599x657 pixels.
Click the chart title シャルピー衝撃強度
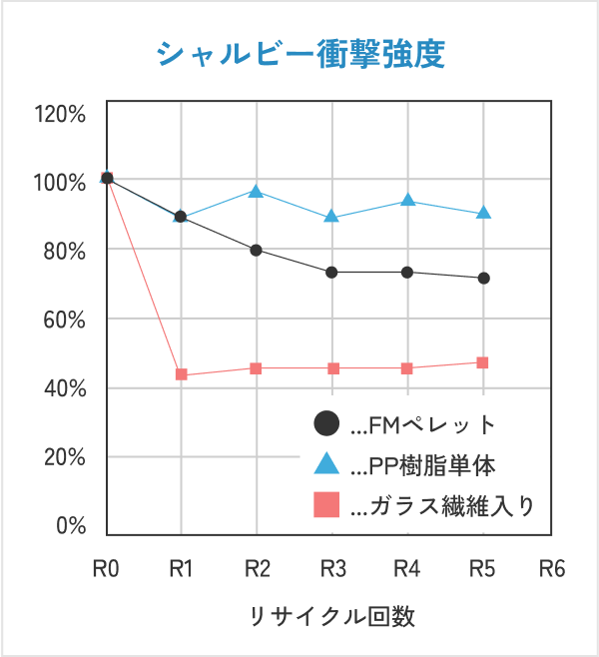(299, 53)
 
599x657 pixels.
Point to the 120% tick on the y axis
(59, 113)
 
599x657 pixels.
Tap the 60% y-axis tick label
(64, 320)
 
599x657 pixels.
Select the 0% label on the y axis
(70, 526)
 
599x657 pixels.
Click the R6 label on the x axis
(551, 569)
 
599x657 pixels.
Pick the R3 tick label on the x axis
(332, 569)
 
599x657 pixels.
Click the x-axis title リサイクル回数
(331, 615)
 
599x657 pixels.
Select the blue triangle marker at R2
(257, 191)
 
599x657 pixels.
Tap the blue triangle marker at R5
(483, 213)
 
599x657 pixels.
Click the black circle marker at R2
(257, 250)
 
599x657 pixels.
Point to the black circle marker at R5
(483, 278)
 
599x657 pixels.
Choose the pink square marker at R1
(182, 374)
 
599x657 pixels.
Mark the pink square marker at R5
(483, 362)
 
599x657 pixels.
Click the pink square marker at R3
(332, 368)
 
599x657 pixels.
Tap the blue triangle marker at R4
(407, 200)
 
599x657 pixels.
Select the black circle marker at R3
(332, 272)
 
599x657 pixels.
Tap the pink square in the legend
(326, 505)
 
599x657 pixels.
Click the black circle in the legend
(326, 424)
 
